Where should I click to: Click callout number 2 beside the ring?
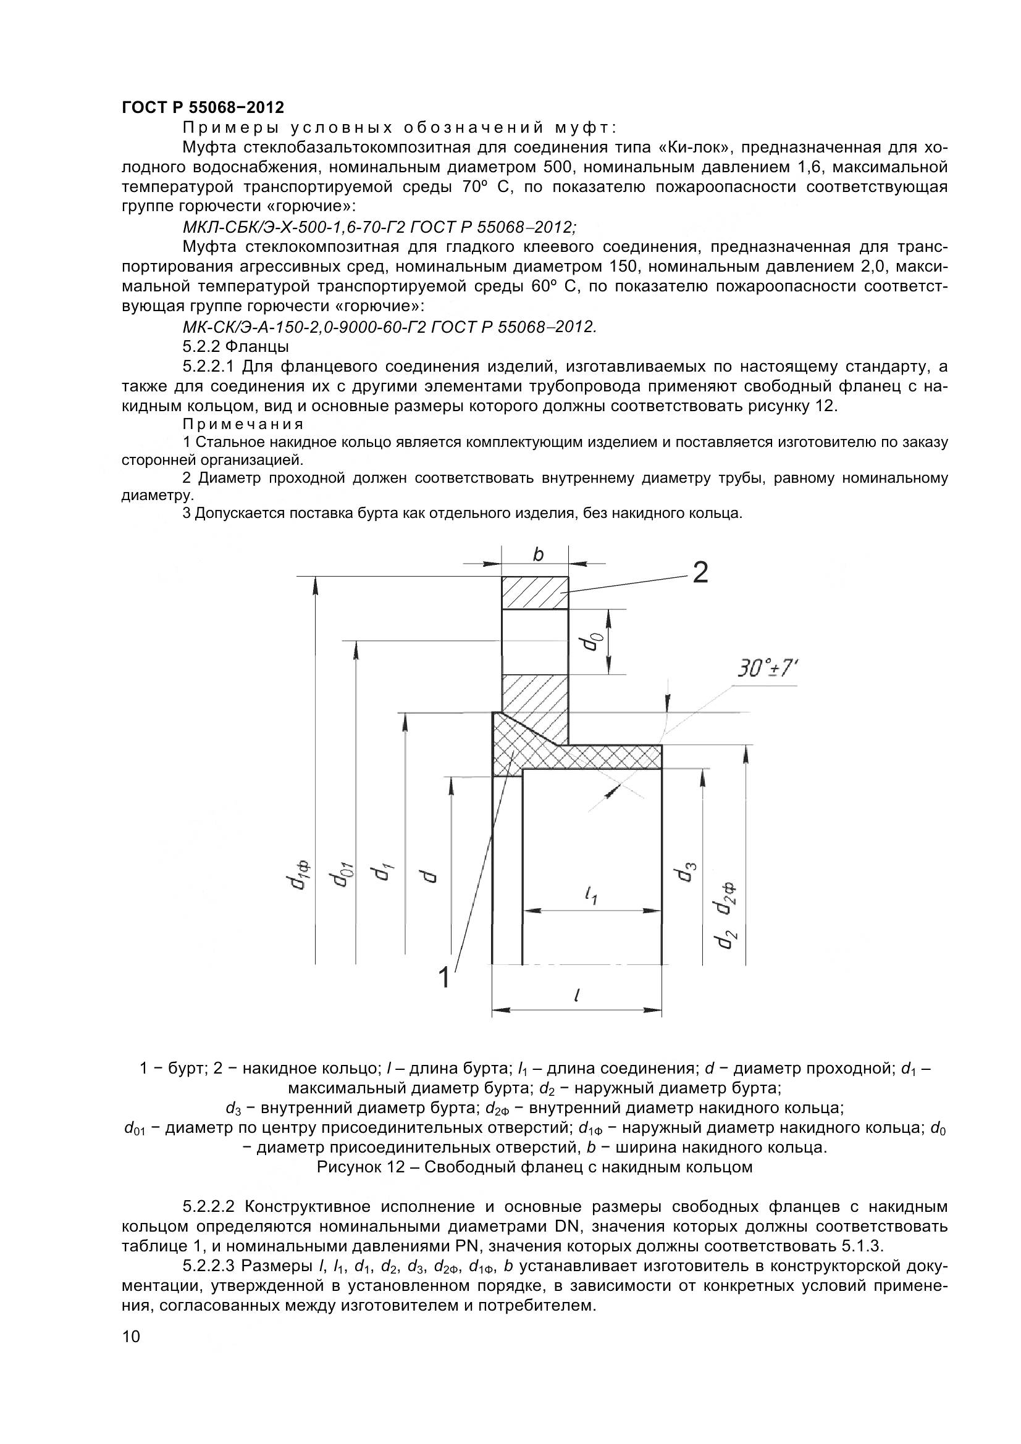pyautogui.click(x=700, y=572)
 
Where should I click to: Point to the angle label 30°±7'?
pyautogui.click(x=767, y=669)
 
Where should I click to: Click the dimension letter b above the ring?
pyautogui.click(x=538, y=554)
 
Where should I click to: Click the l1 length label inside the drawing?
pyautogui.click(x=590, y=895)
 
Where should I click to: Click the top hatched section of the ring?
pyautogui.click(x=535, y=593)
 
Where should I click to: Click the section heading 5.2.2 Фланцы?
pyautogui.click(x=235, y=346)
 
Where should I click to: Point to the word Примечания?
pyautogui.click(x=243, y=424)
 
